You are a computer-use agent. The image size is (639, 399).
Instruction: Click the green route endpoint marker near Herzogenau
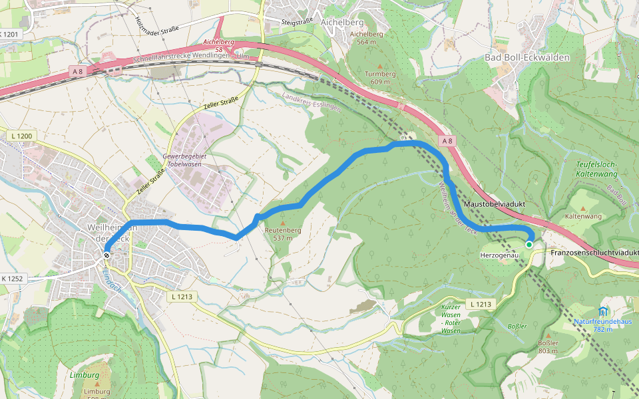tap(529, 245)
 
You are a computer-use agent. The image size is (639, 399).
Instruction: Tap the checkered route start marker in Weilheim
tap(106, 255)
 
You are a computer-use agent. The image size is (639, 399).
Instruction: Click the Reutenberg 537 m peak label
tap(283, 233)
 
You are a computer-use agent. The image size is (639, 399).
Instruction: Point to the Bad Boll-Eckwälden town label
tap(527, 58)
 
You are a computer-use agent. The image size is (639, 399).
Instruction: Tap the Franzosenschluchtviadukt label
tap(594, 253)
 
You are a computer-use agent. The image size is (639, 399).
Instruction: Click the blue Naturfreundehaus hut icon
tap(603, 311)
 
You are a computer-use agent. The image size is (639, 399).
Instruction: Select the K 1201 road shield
tap(11, 34)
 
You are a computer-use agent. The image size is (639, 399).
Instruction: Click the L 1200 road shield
tap(21, 136)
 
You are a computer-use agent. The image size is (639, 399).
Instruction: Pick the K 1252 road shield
tap(12, 279)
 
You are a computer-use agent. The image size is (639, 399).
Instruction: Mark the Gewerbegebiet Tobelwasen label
tap(182, 160)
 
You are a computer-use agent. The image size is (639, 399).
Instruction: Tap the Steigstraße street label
tap(298, 22)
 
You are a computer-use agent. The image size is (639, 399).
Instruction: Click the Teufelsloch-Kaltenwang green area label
tap(597, 169)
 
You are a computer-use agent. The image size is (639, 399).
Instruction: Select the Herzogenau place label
tap(499, 255)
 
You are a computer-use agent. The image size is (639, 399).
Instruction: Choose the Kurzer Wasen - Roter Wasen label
tap(451, 319)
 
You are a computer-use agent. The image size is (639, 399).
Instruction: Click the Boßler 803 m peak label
tap(547, 346)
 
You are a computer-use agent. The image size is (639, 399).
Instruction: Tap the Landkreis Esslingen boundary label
tap(312, 102)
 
